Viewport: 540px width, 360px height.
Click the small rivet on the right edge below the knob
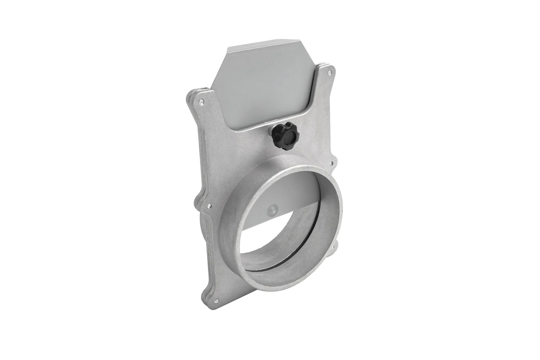coord(332,163)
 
